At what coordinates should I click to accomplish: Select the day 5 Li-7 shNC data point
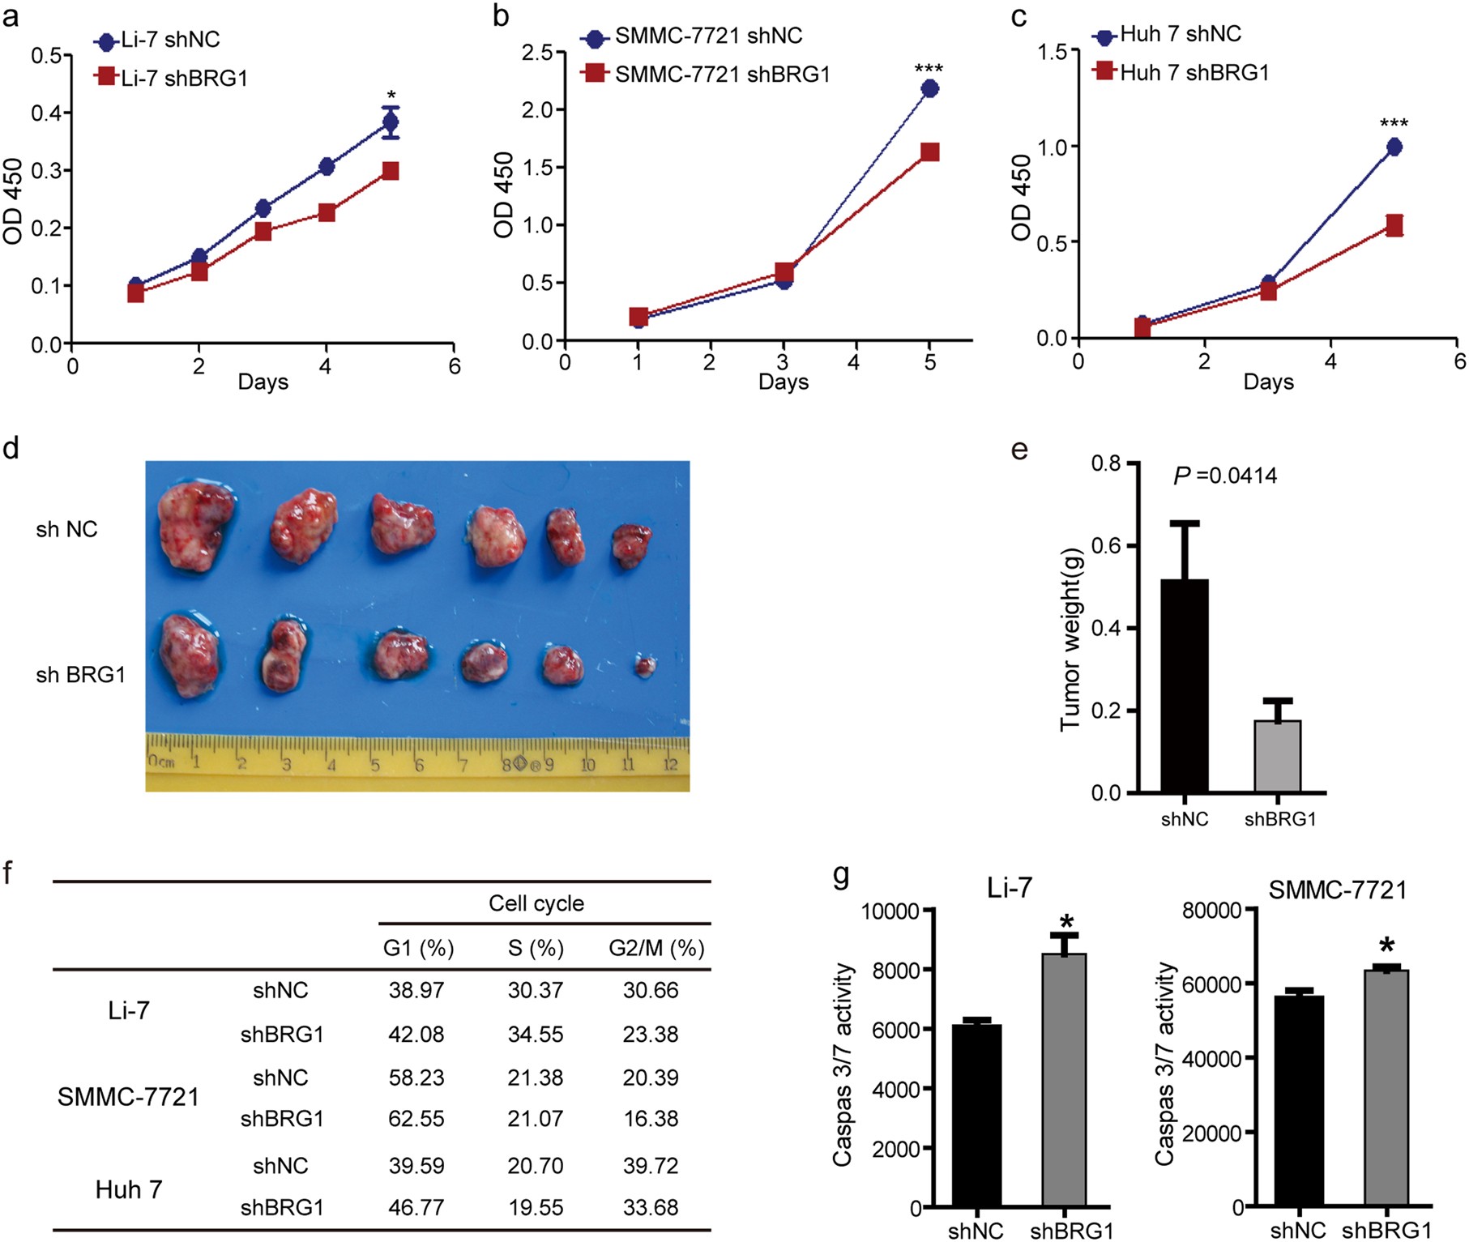[391, 123]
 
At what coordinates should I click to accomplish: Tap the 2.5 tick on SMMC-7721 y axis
[537, 53]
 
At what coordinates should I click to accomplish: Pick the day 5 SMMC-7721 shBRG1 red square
[929, 152]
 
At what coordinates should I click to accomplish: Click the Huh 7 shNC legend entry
[1168, 34]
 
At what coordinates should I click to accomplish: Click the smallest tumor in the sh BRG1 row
[645, 666]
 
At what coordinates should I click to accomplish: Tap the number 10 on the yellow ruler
[587, 764]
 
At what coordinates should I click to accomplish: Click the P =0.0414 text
[1224, 476]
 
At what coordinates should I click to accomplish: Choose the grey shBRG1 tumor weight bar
[1278, 756]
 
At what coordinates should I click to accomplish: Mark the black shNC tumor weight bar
[1185, 685]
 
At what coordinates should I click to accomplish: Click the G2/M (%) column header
[656, 947]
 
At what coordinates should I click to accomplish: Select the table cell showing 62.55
[416, 1118]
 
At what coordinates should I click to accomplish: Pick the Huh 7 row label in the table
[128, 1189]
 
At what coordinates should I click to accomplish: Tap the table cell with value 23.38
[650, 1034]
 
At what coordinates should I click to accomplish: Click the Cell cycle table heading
[536, 903]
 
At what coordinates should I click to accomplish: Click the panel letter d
[11, 447]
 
